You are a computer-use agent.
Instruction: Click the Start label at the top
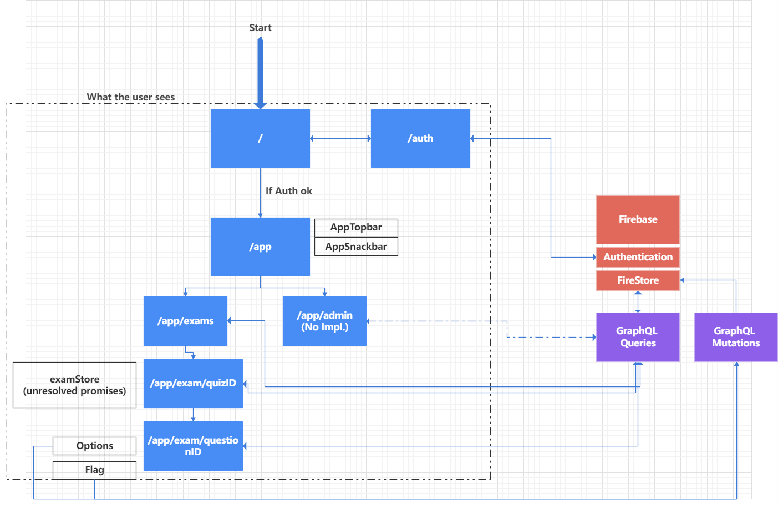click(x=260, y=28)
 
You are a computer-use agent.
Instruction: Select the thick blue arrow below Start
click(x=260, y=72)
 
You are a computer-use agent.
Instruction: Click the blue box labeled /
click(x=260, y=138)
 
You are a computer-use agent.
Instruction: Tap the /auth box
click(x=420, y=138)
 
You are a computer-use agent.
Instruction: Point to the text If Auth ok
click(x=288, y=191)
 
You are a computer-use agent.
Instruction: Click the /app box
click(x=260, y=247)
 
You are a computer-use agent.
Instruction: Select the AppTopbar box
click(x=356, y=227)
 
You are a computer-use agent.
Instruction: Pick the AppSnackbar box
click(x=356, y=247)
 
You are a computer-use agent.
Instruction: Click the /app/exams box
click(x=185, y=321)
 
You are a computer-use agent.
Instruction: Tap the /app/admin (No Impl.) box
click(x=324, y=321)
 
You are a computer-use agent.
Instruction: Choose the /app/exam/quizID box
click(x=193, y=383)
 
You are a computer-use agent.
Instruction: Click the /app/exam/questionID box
click(x=193, y=446)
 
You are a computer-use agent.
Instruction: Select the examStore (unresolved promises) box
click(x=74, y=385)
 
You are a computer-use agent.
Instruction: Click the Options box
click(x=94, y=446)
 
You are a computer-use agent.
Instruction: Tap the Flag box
click(x=94, y=470)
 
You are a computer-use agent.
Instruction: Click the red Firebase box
click(x=638, y=219)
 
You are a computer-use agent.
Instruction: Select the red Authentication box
click(x=638, y=257)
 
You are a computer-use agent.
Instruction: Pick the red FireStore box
click(x=638, y=280)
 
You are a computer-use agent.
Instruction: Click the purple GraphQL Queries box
click(x=638, y=337)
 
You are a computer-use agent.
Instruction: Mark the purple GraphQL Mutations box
click(x=736, y=337)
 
